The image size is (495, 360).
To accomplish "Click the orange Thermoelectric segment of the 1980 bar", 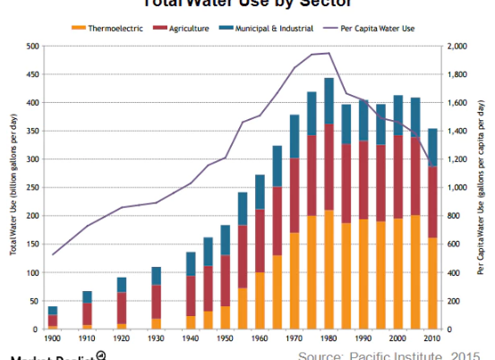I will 329,270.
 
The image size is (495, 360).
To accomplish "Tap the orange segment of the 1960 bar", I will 260,301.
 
